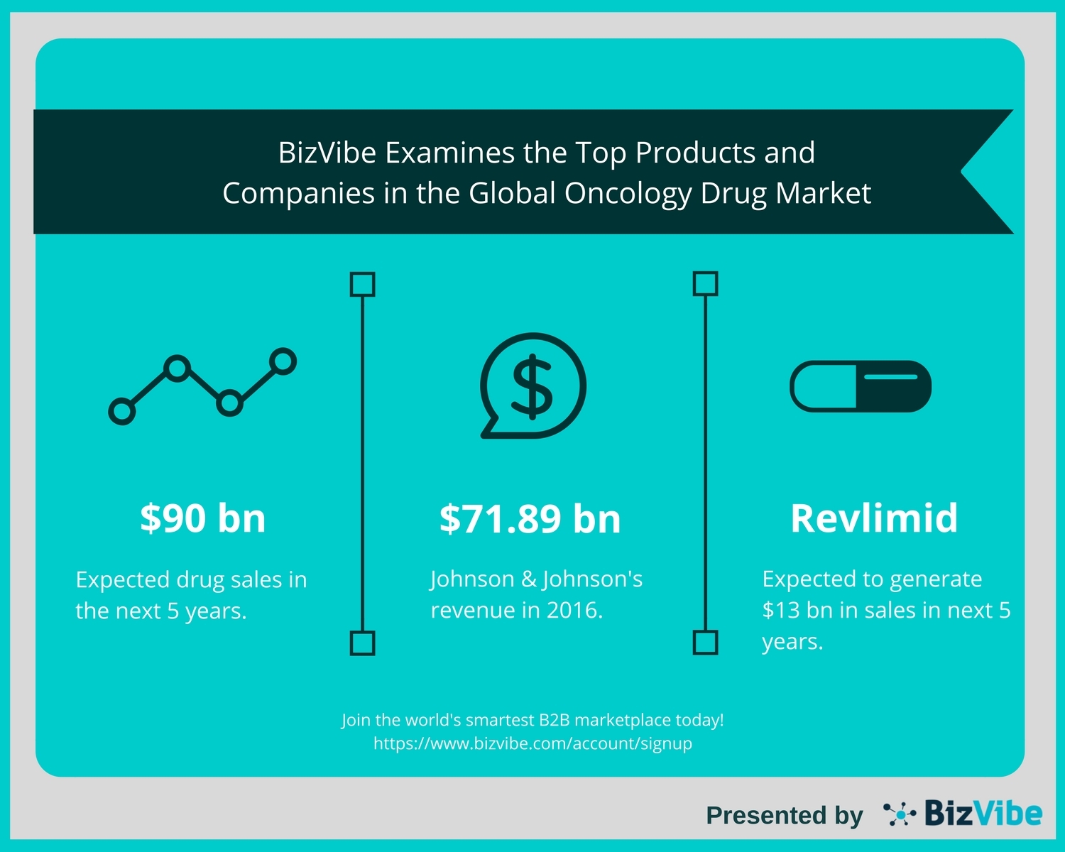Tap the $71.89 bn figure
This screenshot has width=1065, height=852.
[530, 518]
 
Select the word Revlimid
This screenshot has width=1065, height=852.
[874, 518]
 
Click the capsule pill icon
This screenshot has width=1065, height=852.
[861, 386]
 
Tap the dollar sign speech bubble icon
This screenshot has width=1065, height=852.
[532, 386]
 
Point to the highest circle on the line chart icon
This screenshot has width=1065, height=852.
[283, 361]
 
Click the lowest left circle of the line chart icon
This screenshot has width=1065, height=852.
[121, 411]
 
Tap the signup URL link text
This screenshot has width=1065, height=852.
[532, 743]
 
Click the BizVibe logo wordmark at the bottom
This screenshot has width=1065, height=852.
[983, 814]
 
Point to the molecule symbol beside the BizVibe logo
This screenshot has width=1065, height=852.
[900, 814]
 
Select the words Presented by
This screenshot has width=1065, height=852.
[784, 815]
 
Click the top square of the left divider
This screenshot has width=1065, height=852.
[363, 284]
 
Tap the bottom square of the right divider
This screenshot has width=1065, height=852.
[705, 643]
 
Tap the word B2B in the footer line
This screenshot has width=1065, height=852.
[554, 720]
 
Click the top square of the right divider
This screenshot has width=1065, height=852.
[705, 283]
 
